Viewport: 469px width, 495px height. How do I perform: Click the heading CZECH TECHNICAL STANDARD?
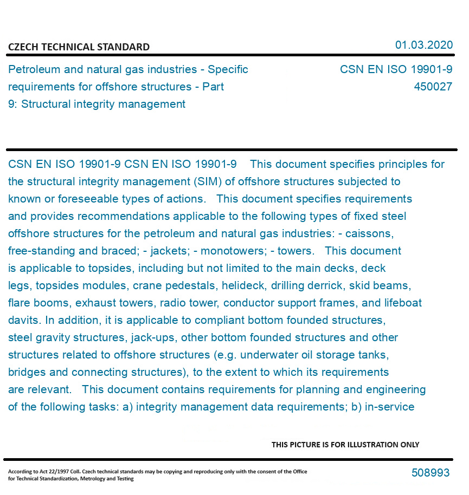79,47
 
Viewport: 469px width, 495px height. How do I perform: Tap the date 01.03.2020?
423,45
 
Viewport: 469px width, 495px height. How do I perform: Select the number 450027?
433,87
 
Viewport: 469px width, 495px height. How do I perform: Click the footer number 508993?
431,473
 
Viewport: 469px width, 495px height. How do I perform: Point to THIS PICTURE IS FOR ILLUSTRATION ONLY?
345,445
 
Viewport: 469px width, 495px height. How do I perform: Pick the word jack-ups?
153,337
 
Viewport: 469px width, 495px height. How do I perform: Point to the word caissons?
371,233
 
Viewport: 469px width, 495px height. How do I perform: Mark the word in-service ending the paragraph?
390,407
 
